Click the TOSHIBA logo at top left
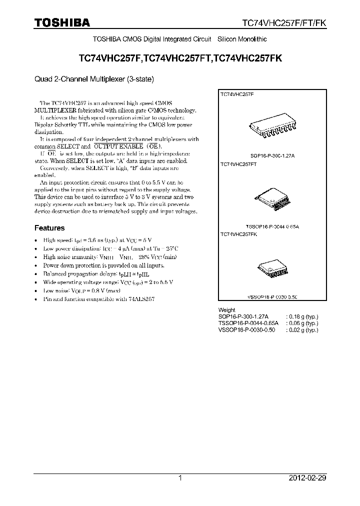tap(62, 22)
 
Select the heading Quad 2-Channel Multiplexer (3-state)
tap(94, 78)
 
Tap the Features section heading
tap(49, 228)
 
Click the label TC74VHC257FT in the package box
tap(239, 164)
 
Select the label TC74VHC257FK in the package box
tap(239, 234)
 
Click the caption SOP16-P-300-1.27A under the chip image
tap(273, 156)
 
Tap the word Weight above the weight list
tap(227, 310)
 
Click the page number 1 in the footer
tap(180, 478)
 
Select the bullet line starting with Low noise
tap(81, 290)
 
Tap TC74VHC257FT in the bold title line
tap(178, 58)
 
